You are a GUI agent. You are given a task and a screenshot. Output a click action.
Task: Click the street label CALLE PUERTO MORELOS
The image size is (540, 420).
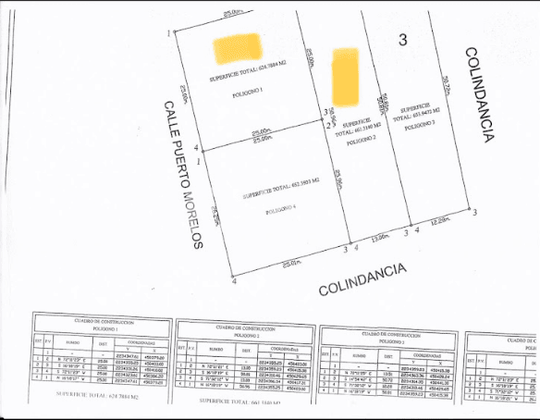coord(183,175)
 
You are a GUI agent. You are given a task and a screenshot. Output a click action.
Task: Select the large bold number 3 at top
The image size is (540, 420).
coord(402,40)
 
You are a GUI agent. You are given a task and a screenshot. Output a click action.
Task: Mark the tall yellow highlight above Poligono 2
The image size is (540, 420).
coord(345,76)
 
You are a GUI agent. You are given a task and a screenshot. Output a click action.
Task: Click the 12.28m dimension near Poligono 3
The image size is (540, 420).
coord(441,220)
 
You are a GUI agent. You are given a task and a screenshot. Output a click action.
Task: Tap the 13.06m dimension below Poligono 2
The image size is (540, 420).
coord(380,239)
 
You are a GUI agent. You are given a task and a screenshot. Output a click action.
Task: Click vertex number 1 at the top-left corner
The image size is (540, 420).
coord(168,33)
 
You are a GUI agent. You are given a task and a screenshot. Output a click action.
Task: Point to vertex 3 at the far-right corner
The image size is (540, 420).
coord(475,213)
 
